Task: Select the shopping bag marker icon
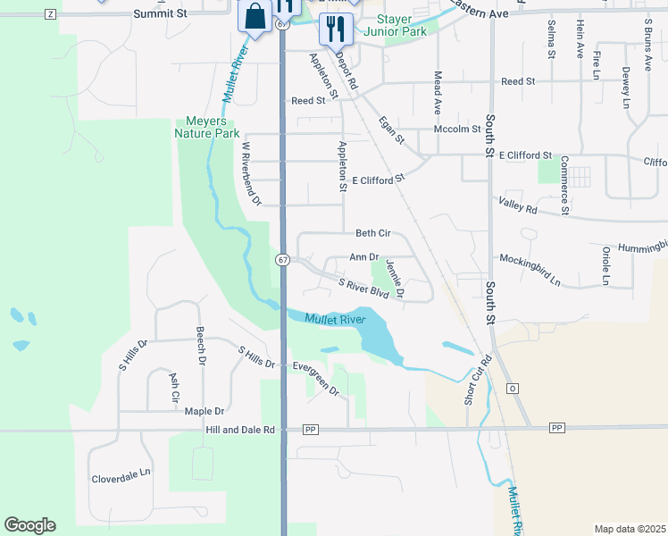click(255, 18)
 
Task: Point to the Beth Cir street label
click(373, 233)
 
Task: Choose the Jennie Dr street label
click(394, 278)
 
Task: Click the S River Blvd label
click(364, 288)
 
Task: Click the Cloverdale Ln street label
click(122, 479)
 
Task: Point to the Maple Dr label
click(204, 411)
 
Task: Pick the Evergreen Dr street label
click(316, 378)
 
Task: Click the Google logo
click(29, 525)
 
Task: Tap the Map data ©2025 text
click(630, 529)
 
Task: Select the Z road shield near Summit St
click(49, 14)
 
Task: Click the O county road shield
click(513, 389)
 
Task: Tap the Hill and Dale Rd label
click(240, 430)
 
